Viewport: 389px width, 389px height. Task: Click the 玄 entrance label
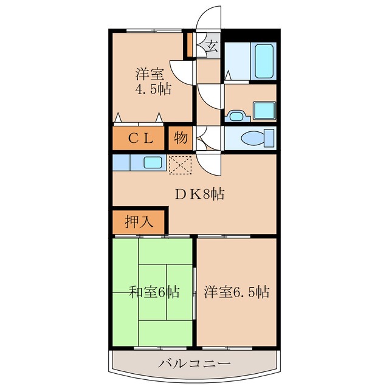(x=212, y=46)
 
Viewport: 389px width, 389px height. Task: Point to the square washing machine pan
(x=264, y=110)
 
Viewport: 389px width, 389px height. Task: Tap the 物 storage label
(x=181, y=138)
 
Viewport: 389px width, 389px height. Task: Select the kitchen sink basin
(x=152, y=162)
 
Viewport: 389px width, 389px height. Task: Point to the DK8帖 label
(x=200, y=195)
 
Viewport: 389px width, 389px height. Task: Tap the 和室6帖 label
(x=154, y=292)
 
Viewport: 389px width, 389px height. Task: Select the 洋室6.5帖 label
(x=236, y=292)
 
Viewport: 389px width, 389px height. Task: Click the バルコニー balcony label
(x=194, y=365)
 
